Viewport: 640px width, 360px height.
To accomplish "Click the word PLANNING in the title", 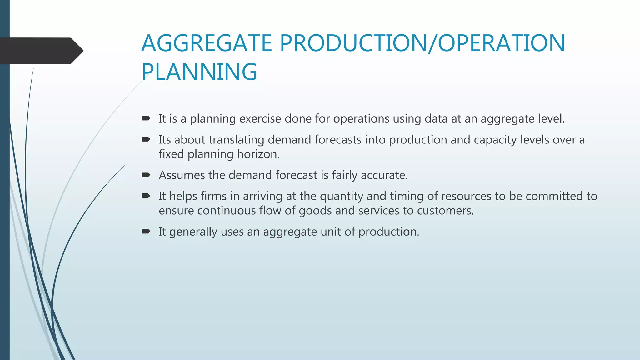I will [199, 72].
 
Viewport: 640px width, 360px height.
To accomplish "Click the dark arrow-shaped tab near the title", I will [41, 51].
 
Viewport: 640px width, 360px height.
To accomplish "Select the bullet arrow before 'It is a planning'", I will [146, 118].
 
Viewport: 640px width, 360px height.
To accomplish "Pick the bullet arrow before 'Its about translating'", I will [146, 139].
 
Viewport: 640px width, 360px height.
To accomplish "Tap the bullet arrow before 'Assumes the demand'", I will [146, 175].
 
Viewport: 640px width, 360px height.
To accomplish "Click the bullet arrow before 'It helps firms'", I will [146, 196].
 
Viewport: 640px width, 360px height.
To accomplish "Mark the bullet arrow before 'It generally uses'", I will [146, 231].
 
